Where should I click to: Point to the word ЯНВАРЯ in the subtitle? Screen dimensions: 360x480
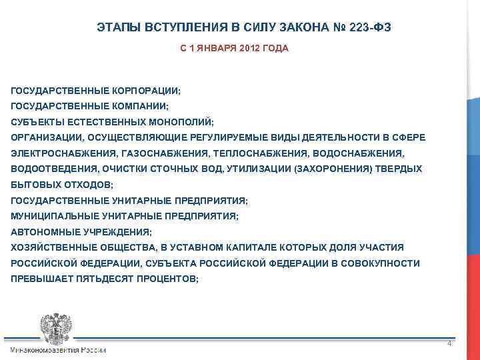[x=215, y=49]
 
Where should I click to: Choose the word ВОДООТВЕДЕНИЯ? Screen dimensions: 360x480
[x=46, y=169]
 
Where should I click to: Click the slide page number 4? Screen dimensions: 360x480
[x=449, y=344]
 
